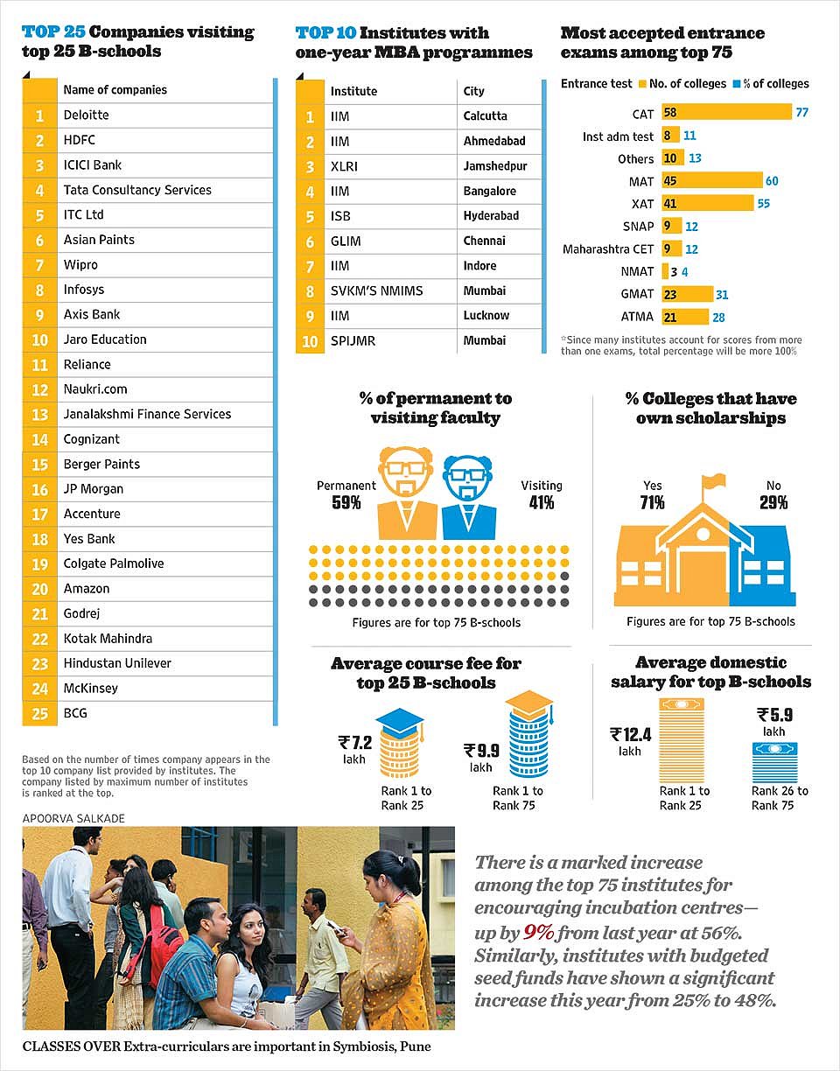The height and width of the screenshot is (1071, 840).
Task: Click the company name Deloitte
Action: tap(87, 115)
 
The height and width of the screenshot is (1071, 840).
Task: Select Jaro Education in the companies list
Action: tap(105, 339)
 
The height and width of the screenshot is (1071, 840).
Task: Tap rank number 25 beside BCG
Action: tap(40, 713)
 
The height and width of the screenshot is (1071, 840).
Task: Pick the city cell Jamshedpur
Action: tap(495, 166)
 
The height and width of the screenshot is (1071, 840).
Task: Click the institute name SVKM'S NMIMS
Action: tap(376, 290)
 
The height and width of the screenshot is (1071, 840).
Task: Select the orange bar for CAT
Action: tap(726, 112)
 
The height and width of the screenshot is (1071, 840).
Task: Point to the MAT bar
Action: tap(712, 180)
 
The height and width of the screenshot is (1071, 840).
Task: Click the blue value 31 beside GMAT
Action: tap(722, 295)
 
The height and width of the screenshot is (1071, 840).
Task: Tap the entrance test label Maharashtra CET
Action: tap(608, 249)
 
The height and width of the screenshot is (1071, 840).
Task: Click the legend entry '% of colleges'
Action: tap(771, 84)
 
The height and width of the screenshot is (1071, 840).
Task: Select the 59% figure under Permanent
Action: tap(346, 503)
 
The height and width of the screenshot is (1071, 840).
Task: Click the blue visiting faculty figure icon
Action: tap(468, 497)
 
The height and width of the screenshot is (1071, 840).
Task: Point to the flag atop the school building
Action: tap(714, 480)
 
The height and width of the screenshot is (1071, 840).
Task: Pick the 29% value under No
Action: tap(773, 503)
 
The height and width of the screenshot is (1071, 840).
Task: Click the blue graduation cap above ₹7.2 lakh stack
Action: tap(399, 721)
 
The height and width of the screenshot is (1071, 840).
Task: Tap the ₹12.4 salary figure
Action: tap(631, 735)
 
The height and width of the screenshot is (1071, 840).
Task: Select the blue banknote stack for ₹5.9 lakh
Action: tap(774, 762)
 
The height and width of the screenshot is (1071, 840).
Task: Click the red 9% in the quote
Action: tap(539, 932)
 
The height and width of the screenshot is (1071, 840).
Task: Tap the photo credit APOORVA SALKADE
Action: tap(73, 818)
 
